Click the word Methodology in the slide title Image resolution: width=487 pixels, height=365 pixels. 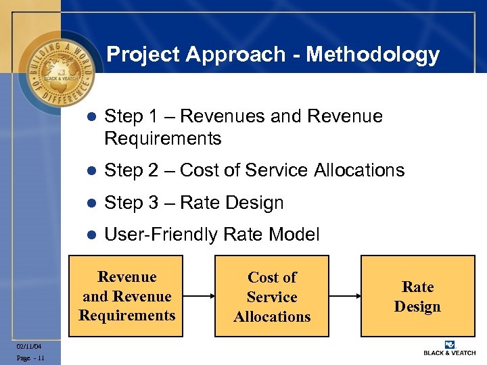[x=373, y=55]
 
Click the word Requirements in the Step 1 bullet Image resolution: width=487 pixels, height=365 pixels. [x=163, y=139]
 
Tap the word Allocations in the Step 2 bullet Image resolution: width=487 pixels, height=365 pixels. [x=359, y=170]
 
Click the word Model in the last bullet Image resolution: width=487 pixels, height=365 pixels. [x=294, y=235]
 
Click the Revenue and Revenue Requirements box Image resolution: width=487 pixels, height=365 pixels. [x=127, y=296]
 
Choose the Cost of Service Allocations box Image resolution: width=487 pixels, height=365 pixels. [x=272, y=296]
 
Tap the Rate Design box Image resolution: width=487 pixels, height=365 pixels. [x=417, y=296]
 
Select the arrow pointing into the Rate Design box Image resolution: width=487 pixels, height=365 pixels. [x=344, y=296]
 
